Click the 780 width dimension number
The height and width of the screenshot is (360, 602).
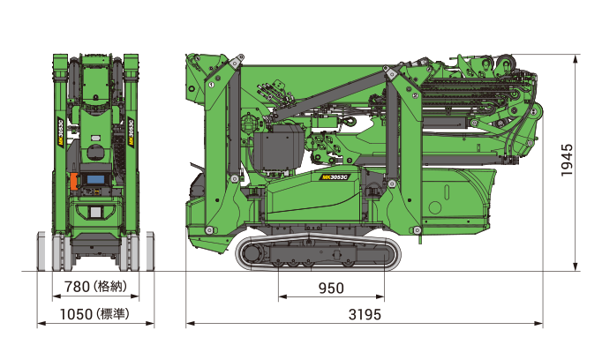[77, 287]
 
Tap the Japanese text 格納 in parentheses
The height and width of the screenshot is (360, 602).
[110, 287]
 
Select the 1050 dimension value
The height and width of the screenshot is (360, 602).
[76, 314]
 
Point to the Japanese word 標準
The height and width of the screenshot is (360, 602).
[113, 314]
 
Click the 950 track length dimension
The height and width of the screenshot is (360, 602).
[331, 289]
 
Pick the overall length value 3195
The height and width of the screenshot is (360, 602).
[365, 315]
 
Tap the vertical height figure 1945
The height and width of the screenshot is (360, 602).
[567, 160]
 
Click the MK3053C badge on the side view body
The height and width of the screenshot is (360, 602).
[335, 177]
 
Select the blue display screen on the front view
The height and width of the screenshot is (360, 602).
[95, 179]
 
